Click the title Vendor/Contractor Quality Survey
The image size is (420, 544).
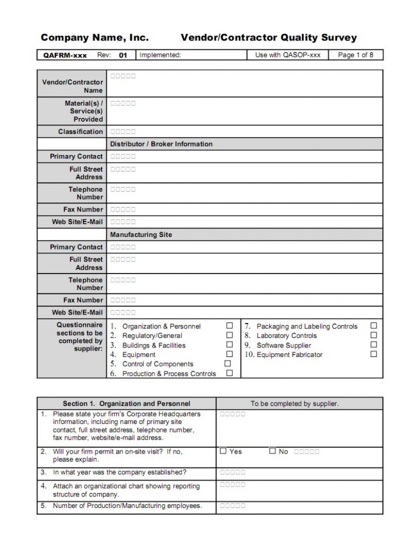point(269,38)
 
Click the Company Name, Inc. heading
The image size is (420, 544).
point(95,38)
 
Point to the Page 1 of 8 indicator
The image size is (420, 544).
point(355,55)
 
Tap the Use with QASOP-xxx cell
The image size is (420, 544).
point(287,55)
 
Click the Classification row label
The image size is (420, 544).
point(80,132)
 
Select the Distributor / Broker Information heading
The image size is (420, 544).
point(161,144)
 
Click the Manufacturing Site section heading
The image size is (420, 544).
point(141,235)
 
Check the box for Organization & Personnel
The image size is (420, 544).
point(229,326)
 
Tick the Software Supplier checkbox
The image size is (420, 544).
point(374,345)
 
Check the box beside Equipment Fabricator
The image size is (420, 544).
point(374,354)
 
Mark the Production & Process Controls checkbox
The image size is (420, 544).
point(229,373)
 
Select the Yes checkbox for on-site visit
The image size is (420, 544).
point(224,451)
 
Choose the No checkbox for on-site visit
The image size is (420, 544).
point(272,451)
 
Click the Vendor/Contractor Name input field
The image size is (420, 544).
point(244,83)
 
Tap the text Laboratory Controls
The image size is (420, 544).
point(286,336)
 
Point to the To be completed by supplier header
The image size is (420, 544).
point(295,404)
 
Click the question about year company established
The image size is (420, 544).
point(119,472)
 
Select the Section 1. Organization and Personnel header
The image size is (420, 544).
point(126,404)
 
